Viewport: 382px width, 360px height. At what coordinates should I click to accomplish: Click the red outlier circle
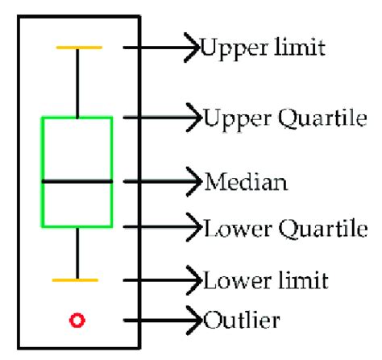[x=77, y=322]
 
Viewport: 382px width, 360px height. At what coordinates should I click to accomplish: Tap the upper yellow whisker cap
[x=78, y=48]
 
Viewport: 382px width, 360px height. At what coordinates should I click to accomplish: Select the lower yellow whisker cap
[x=75, y=279]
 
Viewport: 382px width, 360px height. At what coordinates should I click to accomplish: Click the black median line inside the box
[x=77, y=182]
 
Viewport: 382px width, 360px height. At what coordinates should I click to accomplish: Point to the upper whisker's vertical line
[x=77, y=83]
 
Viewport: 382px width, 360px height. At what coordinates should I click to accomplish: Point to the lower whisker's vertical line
[x=77, y=253]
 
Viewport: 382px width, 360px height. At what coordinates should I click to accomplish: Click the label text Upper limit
[x=263, y=49]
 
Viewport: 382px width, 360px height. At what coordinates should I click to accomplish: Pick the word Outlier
[x=243, y=321]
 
